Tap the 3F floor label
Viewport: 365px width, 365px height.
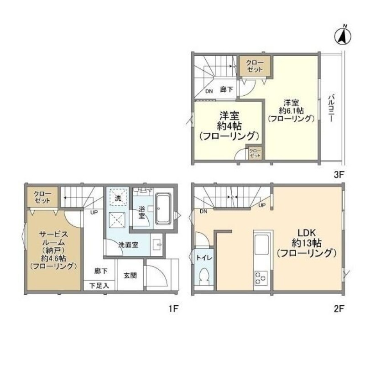coord(338,174)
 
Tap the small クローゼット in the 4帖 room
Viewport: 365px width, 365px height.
coord(255,153)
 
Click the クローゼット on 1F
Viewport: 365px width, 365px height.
coord(42,197)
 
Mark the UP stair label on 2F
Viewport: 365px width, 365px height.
coord(263,206)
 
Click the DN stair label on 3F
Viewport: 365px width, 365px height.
coord(209,91)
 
